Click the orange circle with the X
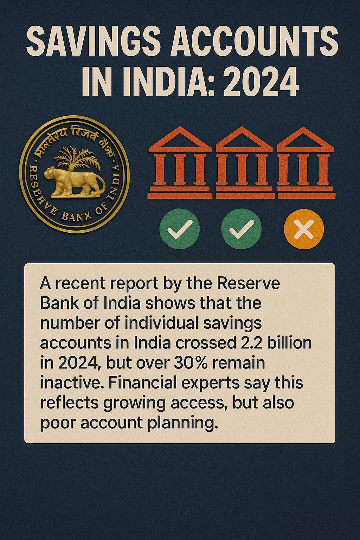(304, 229)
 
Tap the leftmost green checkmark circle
(180, 229)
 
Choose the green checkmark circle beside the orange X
(242, 229)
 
